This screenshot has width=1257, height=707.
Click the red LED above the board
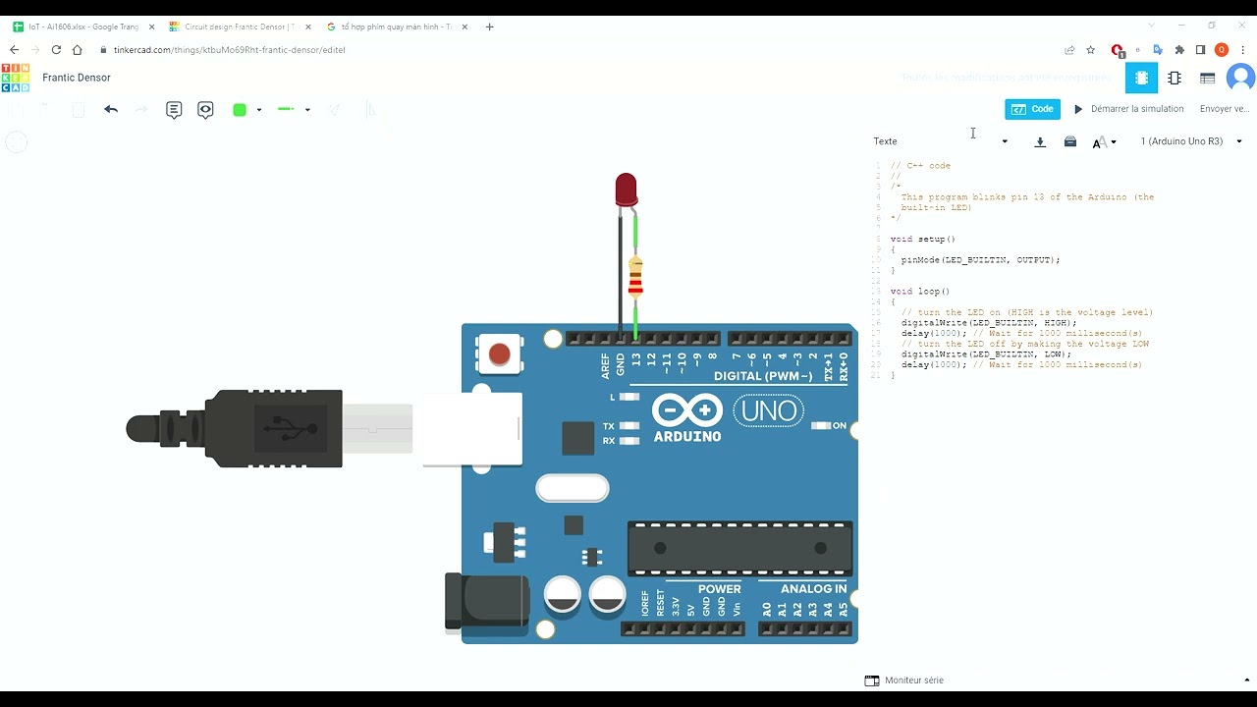[626, 189]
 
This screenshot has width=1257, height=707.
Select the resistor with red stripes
[635, 279]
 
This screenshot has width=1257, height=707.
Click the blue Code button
[1032, 109]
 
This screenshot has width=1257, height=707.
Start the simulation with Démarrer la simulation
[1128, 109]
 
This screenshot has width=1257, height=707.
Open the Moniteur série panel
[904, 680]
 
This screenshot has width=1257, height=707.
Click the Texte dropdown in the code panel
[940, 141]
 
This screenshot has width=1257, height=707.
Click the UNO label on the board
[768, 410]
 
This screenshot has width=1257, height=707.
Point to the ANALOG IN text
[813, 589]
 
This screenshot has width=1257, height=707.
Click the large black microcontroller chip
[740, 548]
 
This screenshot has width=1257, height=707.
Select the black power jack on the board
[486, 601]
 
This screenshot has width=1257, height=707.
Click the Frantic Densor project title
[77, 78]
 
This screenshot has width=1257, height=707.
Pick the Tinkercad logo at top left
[16, 78]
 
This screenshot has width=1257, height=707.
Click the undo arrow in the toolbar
[111, 110]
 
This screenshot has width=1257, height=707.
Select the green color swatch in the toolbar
[240, 110]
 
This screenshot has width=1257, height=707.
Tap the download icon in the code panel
[1040, 141]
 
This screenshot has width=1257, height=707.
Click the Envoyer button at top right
[1224, 109]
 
